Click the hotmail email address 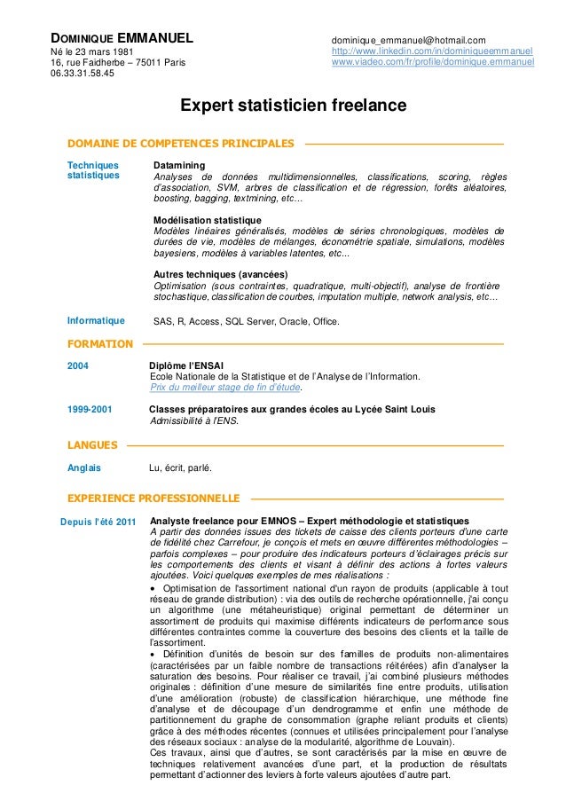(408, 40)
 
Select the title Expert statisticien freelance (294, 106)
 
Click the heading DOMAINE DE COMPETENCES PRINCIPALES (181, 143)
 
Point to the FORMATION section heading (100, 343)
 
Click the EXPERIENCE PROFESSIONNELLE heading (154, 498)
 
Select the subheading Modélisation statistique (208, 220)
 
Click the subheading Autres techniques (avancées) (220, 274)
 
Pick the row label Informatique (96, 321)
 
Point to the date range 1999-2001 (90, 409)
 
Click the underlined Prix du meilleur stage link (225, 387)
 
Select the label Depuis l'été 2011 (97, 521)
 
